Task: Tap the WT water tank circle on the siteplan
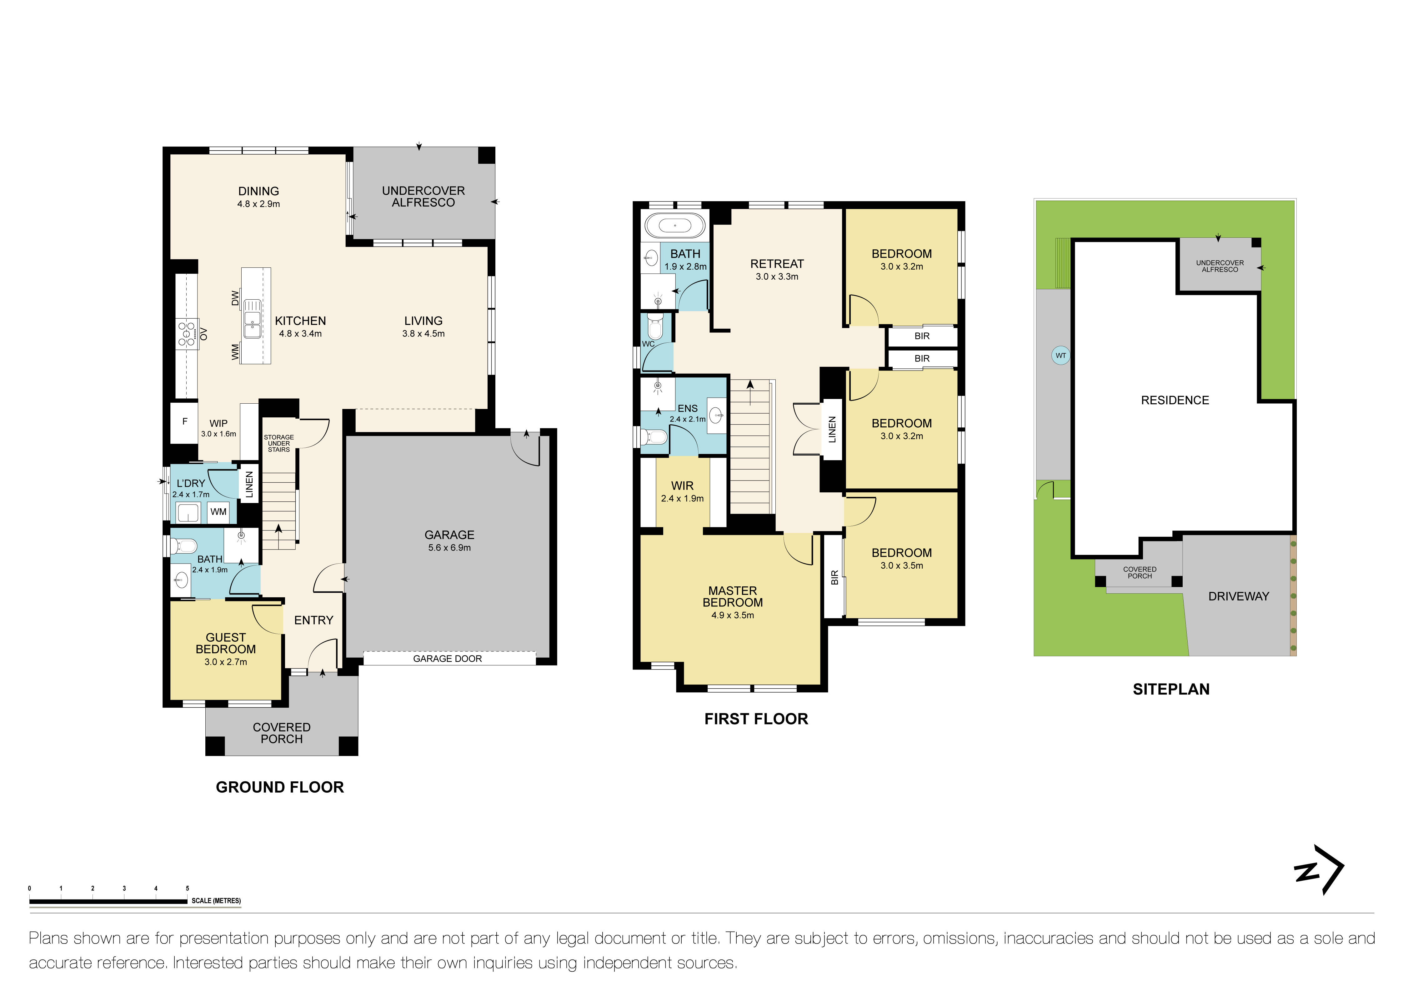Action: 1060,356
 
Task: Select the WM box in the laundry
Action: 218,512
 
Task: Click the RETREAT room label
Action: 777,264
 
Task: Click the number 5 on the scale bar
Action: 187,888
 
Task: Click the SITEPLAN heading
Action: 1171,690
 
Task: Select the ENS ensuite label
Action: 687,408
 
